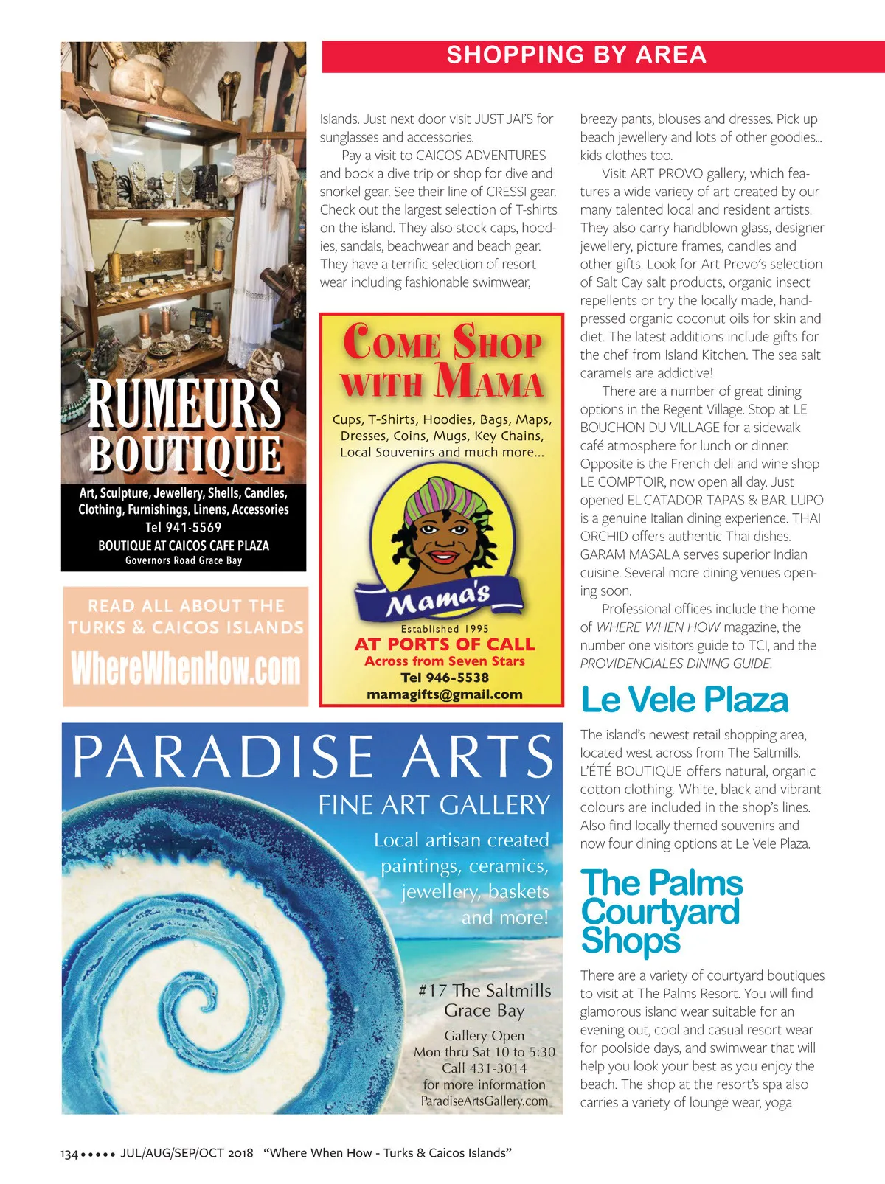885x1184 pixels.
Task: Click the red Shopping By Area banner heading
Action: click(x=576, y=55)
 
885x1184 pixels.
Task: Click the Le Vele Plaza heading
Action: click(x=684, y=700)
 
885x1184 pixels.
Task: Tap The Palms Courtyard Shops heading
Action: click(x=662, y=911)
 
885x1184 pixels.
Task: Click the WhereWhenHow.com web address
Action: click(x=186, y=669)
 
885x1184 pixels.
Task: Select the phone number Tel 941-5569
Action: click(x=183, y=527)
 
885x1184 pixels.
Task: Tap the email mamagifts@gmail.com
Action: click(x=444, y=694)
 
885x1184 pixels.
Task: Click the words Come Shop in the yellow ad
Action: click(x=442, y=342)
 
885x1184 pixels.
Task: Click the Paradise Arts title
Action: click(x=312, y=756)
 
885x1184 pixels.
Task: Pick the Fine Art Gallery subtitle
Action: click(x=434, y=804)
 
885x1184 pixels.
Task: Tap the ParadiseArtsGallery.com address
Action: click(x=485, y=1101)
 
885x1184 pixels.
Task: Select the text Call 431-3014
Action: click(x=485, y=1068)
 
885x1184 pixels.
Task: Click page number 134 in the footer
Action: click(x=69, y=1154)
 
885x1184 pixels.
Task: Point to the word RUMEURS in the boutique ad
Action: click(x=184, y=403)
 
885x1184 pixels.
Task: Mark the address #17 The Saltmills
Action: click(x=485, y=990)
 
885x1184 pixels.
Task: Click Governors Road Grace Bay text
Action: click(x=184, y=560)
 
